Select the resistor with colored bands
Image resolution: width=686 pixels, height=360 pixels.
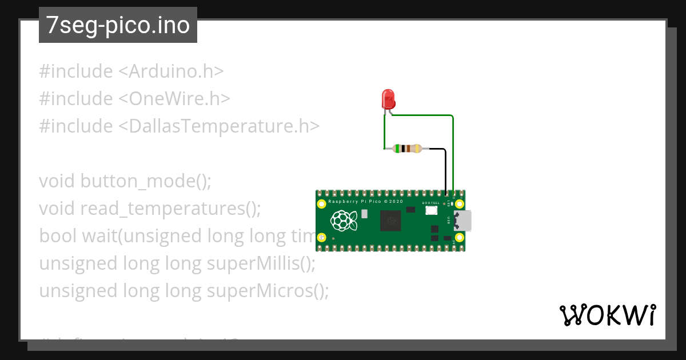pyautogui.click(x=406, y=149)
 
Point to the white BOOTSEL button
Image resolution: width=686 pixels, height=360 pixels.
pyautogui.click(x=431, y=210)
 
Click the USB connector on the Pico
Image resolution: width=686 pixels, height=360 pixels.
pyautogui.click(x=463, y=220)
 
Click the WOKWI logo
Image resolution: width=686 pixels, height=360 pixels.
pyautogui.click(x=607, y=315)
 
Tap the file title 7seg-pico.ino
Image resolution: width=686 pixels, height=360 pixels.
pyautogui.click(x=118, y=26)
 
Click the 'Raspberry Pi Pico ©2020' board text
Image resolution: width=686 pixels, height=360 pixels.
pyautogui.click(x=366, y=202)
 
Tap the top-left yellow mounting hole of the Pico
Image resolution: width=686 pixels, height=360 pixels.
pyautogui.click(x=322, y=203)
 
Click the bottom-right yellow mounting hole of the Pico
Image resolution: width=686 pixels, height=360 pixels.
pyautogui.click(x=458, y=238)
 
